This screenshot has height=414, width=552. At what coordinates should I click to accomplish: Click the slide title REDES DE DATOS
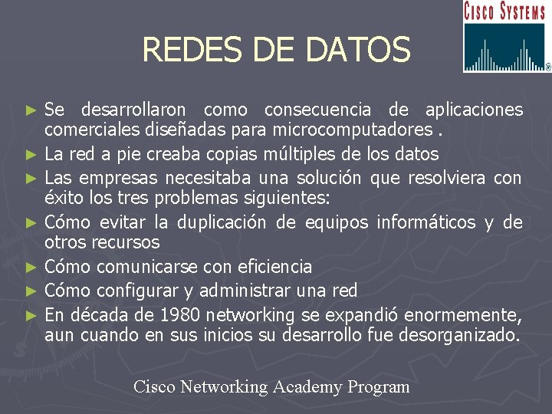pyautogui.click(x=276, y=51)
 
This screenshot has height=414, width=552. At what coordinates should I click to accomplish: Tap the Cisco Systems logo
pyautogui.click(x=506, y=37)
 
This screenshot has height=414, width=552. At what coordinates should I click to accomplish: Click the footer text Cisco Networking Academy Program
pyautogui.click(x=271, y=386)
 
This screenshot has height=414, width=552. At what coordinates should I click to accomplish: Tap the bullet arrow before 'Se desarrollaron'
pyautogui.click(x=31, y=110)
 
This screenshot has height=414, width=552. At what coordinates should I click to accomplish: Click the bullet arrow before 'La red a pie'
pyautogui.click(x=31, y=155)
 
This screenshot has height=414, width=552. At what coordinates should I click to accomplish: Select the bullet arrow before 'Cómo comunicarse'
pyautogui.click(x=31, y=268)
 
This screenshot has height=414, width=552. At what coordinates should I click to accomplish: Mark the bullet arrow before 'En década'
pyautogui.click(x=31, y=315)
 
